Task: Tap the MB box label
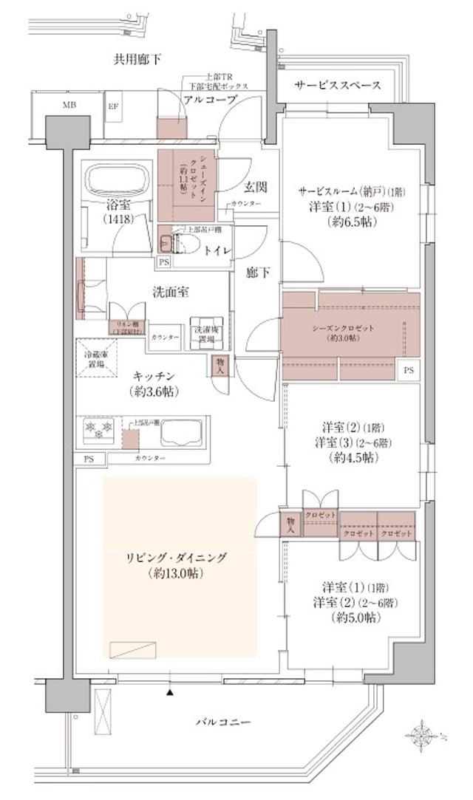pos(69,105)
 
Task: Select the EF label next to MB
pos(114,105)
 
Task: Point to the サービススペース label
pos(338,86)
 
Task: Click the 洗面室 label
pos(172,292)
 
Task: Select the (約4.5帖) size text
pos(351,458)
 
